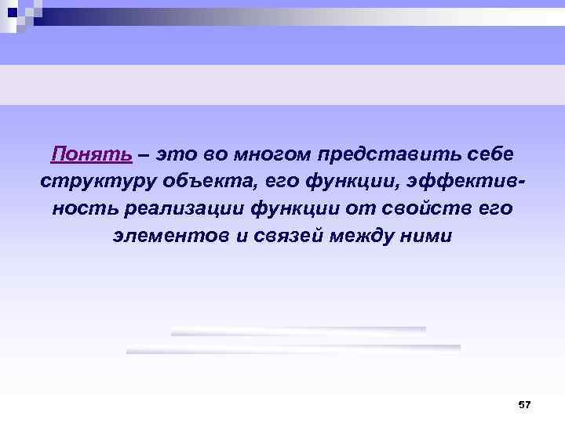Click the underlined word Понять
(x=91, y=154)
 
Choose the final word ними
(x=427, y=236)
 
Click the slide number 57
(x=525, y=404)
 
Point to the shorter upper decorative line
(x=298, y=331)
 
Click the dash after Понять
(x=144, y=154)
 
